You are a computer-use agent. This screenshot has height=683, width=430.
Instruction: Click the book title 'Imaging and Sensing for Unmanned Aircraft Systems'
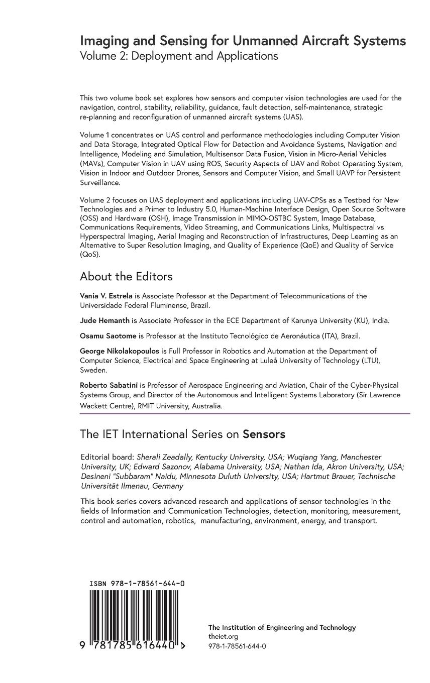(x=243, y=41)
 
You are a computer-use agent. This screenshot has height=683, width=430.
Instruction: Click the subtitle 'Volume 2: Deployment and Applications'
(x=179, y=56)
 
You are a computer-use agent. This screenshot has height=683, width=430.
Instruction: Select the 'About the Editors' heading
(x=126, y=277)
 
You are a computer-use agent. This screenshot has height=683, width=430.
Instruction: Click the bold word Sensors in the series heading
(x=264, y=434)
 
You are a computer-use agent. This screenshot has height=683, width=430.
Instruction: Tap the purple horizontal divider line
(x=245, y=413)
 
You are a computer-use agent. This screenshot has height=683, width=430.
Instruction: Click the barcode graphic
(x=134, y=615)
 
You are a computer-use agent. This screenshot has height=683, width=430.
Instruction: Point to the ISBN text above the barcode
(x=137, y=584)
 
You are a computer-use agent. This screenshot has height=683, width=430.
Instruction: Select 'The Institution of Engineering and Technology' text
(x=282, y=627)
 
